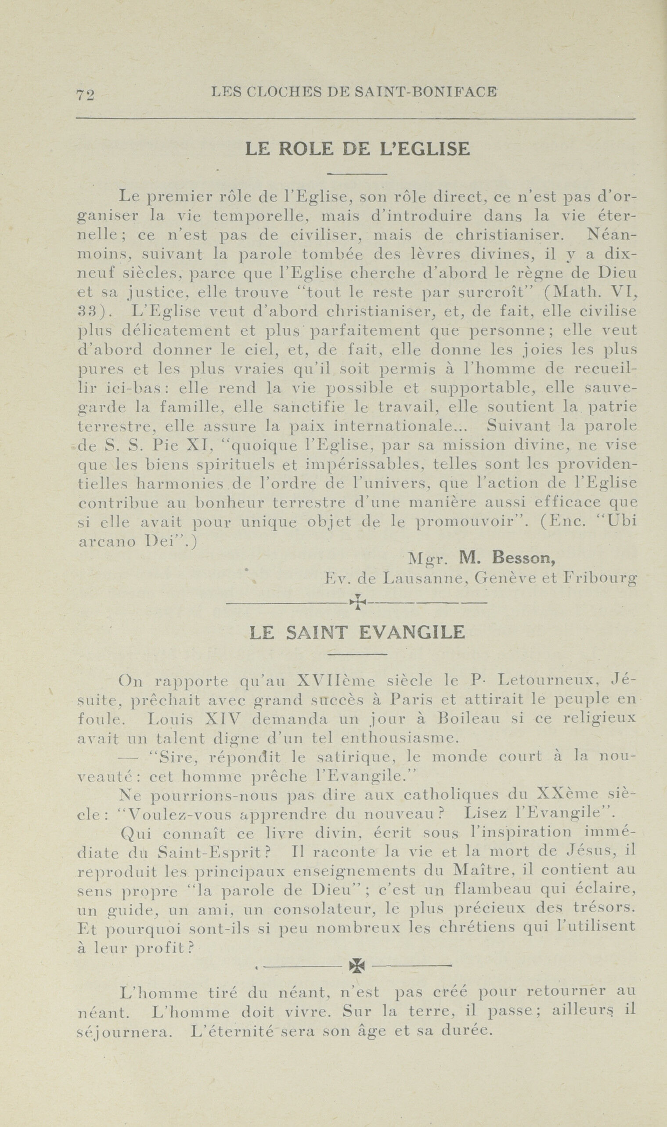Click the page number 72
[x=85, y=95]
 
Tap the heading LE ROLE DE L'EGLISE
[x=357, y=149]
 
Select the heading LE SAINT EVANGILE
[x=357, y=633]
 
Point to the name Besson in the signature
[x=523, y=558]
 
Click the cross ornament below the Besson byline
[x=357, y=602]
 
